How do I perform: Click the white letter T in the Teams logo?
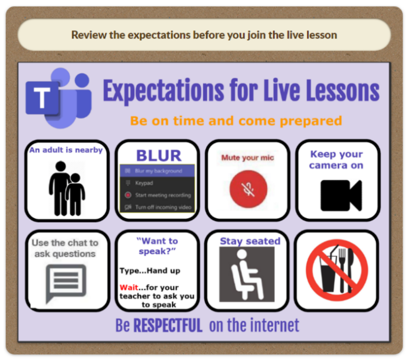(42, 98)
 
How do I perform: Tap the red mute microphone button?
(248, 189)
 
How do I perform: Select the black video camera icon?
(341, 196)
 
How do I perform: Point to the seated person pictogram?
(247, 274)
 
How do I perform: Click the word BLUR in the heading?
(159, 156)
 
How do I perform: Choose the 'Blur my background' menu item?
(158, 171)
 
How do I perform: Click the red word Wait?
(129, 288)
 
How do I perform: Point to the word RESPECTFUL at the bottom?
(168, 326)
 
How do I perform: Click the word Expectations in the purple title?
(163, 91)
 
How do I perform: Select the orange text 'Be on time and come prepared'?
(236, 121)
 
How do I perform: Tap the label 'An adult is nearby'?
(66, 150)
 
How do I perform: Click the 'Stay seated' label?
(250, 241)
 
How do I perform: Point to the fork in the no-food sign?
(342, 270)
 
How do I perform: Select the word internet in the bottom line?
(274, 326)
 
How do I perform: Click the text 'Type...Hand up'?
(150, 271)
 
